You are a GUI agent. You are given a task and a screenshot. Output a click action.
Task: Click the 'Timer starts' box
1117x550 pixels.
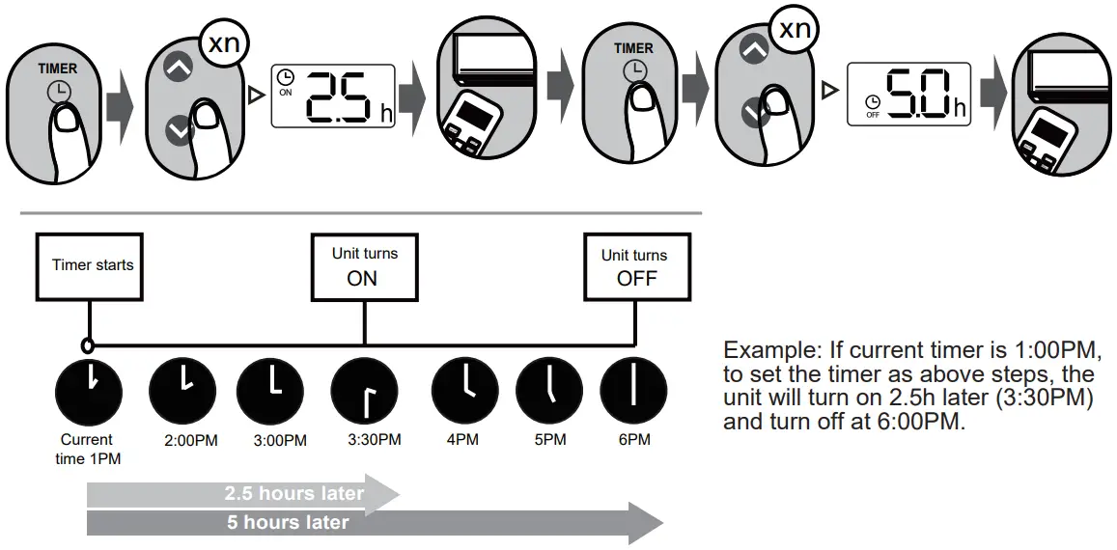(x=93, y=265)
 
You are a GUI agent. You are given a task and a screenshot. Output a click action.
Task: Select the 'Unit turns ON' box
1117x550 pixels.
(x=364, y=266)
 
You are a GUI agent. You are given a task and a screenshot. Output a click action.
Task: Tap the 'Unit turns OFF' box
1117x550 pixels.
(x=634, y=266)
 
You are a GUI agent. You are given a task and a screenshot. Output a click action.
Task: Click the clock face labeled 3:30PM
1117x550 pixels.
(x=364, y=394)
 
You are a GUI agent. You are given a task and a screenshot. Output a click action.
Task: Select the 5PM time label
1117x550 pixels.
(x=549, y=440)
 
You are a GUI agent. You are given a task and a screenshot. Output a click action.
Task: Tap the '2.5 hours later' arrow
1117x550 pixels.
(x=241, y=494)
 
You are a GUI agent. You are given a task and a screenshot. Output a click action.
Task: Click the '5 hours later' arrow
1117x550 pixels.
(x=367, y=523)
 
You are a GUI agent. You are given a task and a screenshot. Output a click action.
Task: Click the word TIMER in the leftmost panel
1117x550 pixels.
(x=57, y=69)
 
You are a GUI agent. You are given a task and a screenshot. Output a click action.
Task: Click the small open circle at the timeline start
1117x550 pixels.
(x=88, y=344)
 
